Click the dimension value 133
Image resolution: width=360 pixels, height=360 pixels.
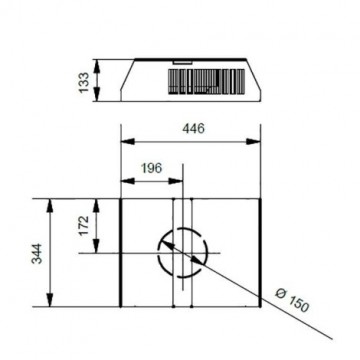(x=84, y=79)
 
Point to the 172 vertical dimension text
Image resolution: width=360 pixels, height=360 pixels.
(x=84, y=225)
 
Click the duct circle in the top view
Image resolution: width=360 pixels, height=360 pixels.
(x=183, y=253)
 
